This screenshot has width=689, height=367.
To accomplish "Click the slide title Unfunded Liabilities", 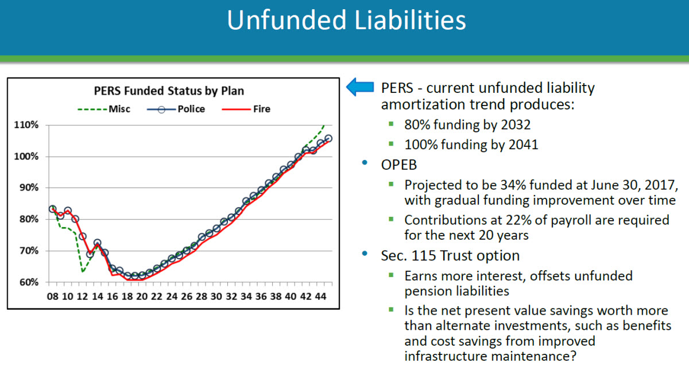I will [x=346, y=21].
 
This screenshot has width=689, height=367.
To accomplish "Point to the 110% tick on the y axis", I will [x=27, y=125].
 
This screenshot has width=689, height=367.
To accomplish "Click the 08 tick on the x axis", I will [x=52, y=296].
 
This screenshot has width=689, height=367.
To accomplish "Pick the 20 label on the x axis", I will [x=141, y=296].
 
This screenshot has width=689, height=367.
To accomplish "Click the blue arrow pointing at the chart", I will [x=360, y=88].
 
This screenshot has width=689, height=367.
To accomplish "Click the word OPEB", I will [x=399, y=165].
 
